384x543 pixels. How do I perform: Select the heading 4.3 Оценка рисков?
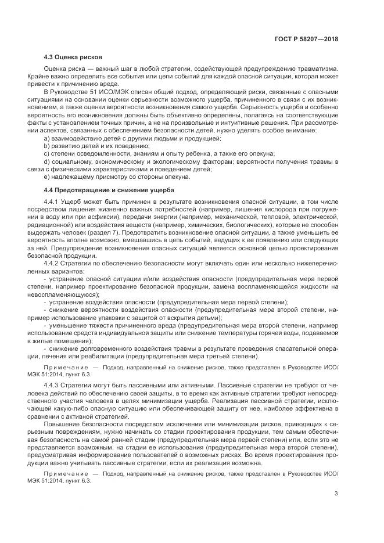pos(73,58)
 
